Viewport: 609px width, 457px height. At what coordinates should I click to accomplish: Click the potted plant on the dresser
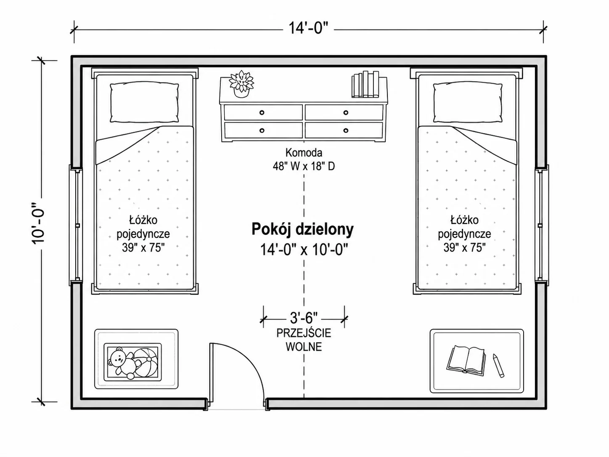click(241, 84)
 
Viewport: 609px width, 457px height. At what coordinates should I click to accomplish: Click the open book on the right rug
click(466, 360)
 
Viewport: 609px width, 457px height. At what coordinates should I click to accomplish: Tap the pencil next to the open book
click(498, 365)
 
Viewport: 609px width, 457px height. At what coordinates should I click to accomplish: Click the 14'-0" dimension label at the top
click(308, 28)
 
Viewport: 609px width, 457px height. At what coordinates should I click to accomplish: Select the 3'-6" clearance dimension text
click(304, 318)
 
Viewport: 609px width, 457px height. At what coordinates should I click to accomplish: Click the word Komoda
click(304, 153)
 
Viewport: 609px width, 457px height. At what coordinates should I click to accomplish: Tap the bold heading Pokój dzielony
click(303, 229)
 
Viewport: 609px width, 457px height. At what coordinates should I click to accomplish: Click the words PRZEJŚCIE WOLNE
click(304, 340)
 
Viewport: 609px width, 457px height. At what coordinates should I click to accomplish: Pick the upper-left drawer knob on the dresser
click(262, 112)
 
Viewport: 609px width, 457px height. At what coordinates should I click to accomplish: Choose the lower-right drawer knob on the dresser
click(346, 130)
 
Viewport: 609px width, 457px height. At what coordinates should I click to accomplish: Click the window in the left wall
click(76, 225)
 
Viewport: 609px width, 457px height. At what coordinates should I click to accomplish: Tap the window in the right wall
click(542, 225)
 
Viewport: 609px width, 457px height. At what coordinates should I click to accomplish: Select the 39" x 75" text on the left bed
click(143, 247)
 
